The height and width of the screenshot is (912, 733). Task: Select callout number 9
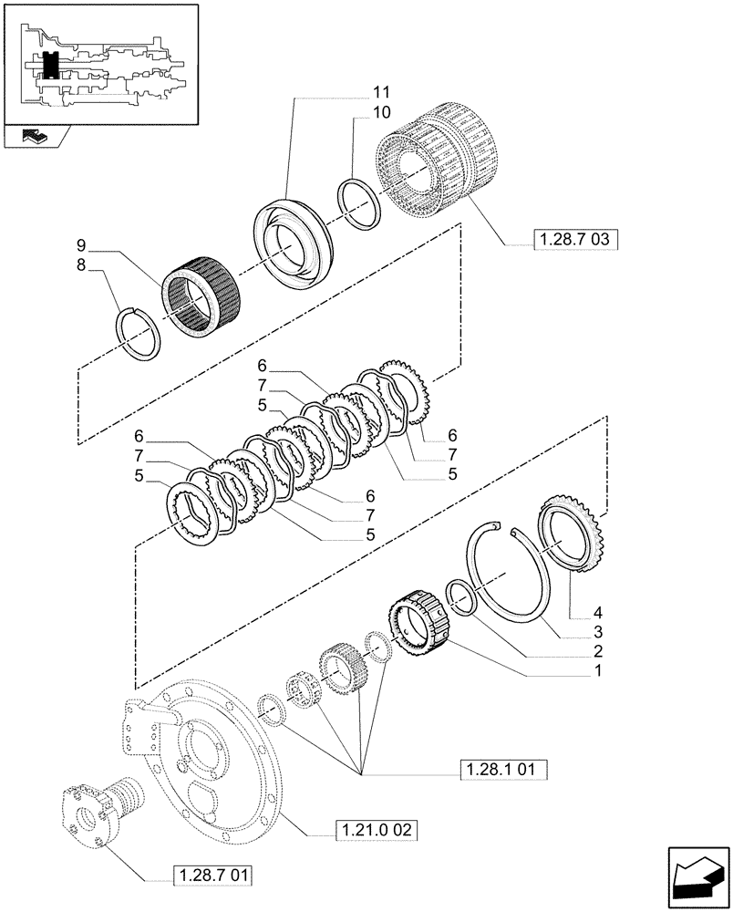click(x=81, y=245)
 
